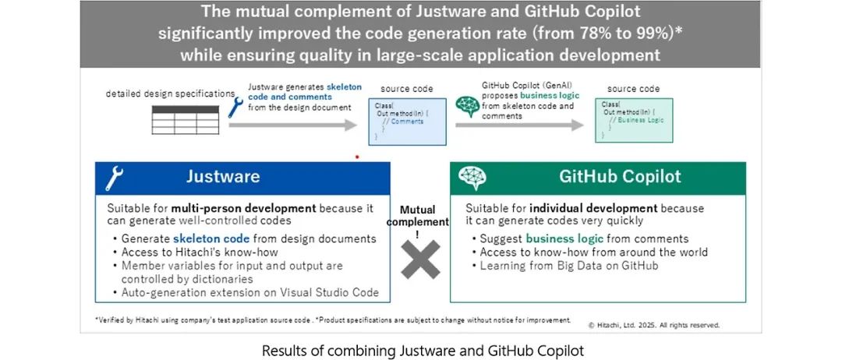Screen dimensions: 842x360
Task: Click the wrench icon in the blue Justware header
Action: [115, 178]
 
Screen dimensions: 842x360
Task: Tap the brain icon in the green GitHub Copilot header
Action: [472, 178]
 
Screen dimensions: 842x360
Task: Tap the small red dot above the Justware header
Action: [357, 157]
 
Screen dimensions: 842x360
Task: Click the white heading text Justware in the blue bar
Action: [223, 177]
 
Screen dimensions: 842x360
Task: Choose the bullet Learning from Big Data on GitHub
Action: [558, 266]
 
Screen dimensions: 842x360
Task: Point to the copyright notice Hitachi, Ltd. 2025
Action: [653, 325]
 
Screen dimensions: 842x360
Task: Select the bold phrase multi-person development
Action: [244, 209]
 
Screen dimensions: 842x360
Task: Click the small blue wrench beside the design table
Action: [235, 107]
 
